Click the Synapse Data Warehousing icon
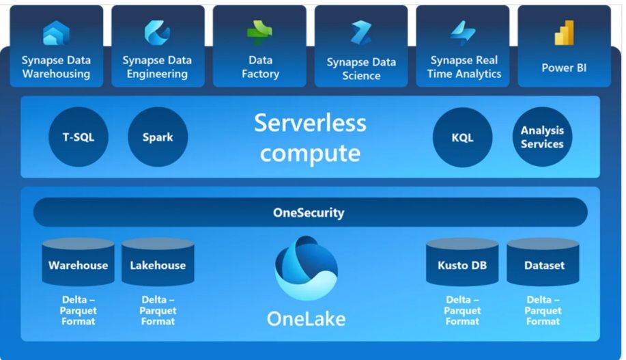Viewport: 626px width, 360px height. (x=56, y=32)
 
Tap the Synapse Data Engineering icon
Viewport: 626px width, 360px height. (x=157, y=32)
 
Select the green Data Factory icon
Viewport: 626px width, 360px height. (x=259, y=32)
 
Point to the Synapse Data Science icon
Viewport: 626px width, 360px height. (x=361, y=33)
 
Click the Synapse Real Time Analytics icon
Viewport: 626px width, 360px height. (x=463, y=33)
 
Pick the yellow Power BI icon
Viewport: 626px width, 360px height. (x=564, y=33)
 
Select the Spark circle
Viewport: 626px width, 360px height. (x=158, y=137)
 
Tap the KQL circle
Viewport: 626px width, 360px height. (x=462, y=137)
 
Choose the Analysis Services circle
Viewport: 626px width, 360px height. (x=542, y=137)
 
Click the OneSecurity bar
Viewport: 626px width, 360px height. (x=310, y=212)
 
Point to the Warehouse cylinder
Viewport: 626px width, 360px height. (x=78, y=263)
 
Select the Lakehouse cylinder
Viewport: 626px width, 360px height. (x=158, y=263)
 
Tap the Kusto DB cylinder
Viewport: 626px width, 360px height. (x=462, y=263)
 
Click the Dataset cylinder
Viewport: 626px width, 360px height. (x=543, y=263)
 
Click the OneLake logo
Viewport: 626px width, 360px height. (x=306, y=268)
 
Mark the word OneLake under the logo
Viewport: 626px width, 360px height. (x=306, y=318)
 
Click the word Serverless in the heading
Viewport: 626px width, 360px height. (x=310, y=123)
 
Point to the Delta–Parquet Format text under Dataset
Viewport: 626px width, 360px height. (x=543, y=310)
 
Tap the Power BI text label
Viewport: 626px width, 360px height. (x=564, y=68)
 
